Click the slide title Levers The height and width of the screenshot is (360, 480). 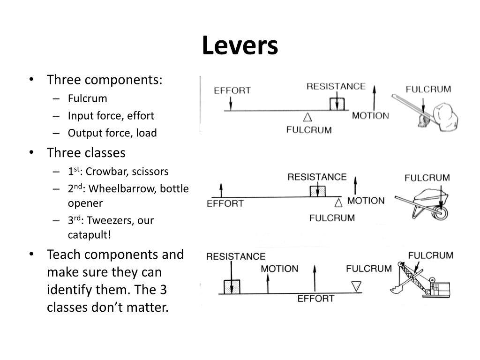[240, 46]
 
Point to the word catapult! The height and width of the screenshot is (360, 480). [90, 234]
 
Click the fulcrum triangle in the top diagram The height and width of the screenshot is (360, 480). [307, 117]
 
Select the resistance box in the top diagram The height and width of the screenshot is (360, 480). [337, 104]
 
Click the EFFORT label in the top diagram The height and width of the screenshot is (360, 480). [232, 90]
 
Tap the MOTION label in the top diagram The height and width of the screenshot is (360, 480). [370, 116]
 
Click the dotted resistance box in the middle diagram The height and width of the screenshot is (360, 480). [317, 191]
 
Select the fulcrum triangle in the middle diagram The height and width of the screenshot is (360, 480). [339, 202]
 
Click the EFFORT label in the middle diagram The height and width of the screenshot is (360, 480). [225, 204]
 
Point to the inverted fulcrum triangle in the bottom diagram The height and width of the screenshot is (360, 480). [356, 286]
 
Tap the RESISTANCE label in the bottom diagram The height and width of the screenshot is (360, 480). [236, 256]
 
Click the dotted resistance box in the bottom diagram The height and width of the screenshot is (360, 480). [232, 286]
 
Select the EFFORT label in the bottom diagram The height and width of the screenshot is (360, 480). [316, 299]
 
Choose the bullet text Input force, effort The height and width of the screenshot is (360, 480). [111, 116]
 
